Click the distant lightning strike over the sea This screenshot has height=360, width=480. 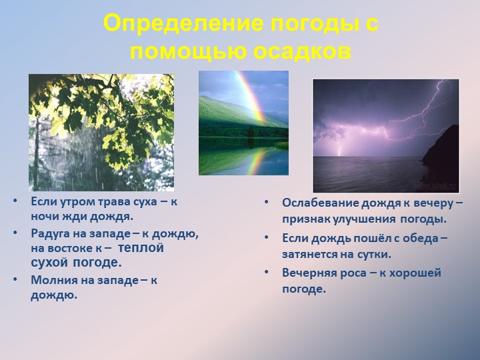click(340, 148)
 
